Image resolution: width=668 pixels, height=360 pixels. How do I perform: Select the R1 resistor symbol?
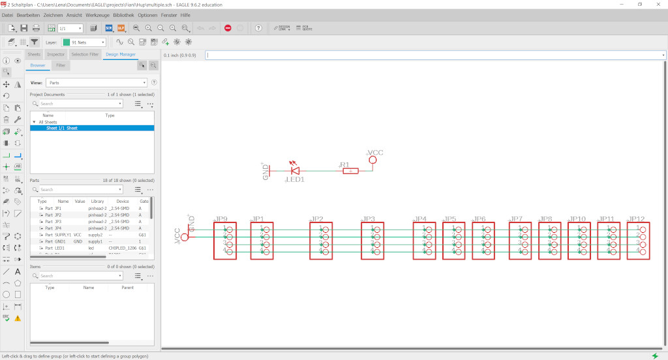351,170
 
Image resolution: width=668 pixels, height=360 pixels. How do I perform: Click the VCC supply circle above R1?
372,159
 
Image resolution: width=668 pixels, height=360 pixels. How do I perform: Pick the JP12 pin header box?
638,241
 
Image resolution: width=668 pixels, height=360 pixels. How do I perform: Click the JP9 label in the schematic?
221,219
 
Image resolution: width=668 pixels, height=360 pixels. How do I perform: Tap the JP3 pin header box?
372,241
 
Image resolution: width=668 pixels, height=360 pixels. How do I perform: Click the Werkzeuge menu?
97,14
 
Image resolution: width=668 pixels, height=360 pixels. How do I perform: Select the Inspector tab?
56,54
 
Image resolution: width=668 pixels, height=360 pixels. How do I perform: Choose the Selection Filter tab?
85,54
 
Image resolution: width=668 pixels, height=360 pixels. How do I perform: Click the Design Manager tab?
120,54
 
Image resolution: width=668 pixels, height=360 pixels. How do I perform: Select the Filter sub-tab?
61,65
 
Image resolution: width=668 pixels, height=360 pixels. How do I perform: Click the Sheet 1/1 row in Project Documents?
62,128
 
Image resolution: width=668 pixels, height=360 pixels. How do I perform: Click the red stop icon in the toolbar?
228,28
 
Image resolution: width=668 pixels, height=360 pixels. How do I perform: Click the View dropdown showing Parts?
97,83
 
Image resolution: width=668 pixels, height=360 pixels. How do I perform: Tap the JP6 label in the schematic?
479,219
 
